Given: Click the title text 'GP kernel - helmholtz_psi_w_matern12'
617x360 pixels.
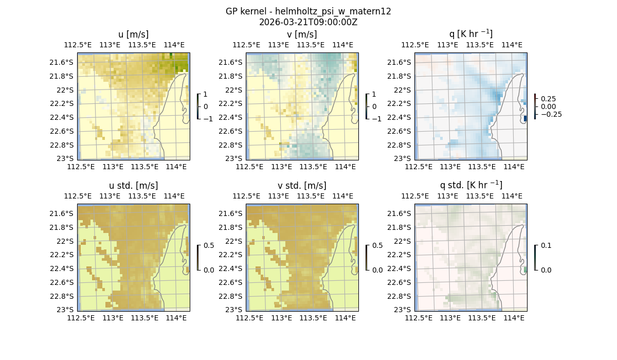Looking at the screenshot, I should (x=308, y=11).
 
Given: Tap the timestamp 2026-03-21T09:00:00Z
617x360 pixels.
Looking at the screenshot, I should (x=308, y=22).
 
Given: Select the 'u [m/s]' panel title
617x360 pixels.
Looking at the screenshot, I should (x=133, y=34).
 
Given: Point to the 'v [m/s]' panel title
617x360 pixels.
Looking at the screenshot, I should (x=302, y=34).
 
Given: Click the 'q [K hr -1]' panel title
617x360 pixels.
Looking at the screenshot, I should (x=470, y=34).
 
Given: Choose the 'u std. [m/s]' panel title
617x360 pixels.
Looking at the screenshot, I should (x=133, y=186).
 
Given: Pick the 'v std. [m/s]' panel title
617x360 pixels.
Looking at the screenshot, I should (x=302, y=186).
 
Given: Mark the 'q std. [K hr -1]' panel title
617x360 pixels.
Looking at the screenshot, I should (x=470, y=185).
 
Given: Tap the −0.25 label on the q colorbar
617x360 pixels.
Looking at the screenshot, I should (x=551, y=114).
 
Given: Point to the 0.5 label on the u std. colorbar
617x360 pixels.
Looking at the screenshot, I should (x=209, y=245).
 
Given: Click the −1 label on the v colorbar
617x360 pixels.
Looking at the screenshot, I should (x=377, y=118).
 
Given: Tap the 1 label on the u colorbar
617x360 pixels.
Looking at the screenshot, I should (x=206, y=94).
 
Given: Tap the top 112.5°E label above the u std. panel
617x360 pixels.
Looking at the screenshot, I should (x=78, y=196).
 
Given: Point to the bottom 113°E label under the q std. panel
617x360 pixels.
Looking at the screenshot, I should (x=450, y=318).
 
